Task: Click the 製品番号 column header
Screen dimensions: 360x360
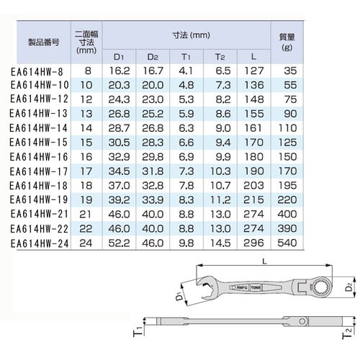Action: click(x=42, y=40)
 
